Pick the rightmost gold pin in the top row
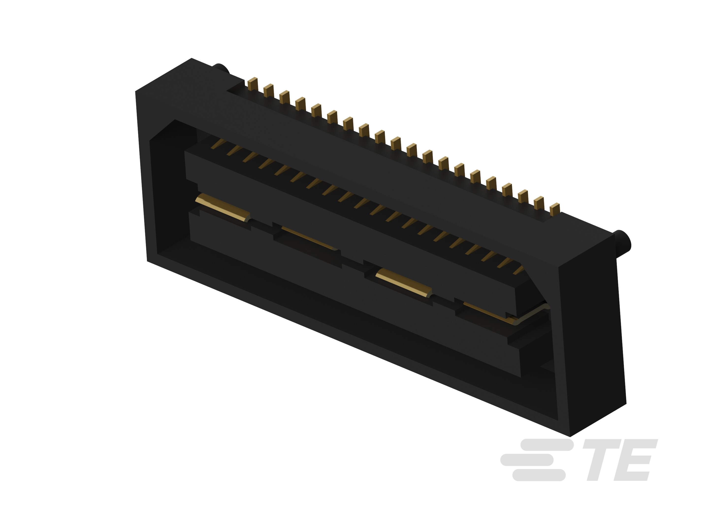(x=554, y=209)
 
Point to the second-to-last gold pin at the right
(x=539, y=203)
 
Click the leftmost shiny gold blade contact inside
(x=223, y=207)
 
